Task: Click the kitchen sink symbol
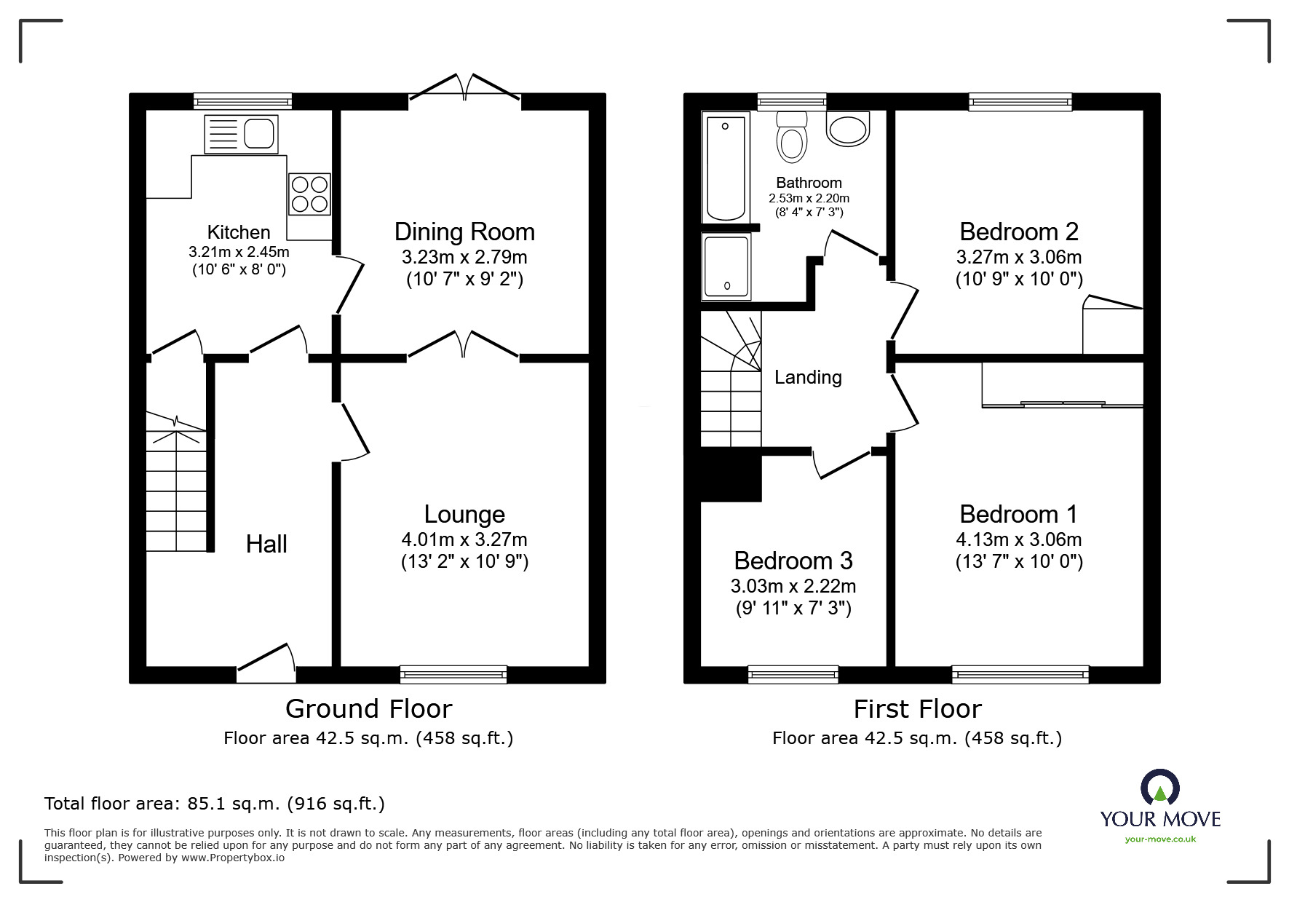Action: point(242,135)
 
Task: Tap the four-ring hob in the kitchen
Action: point(309,194)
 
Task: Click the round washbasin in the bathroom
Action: point(848,129)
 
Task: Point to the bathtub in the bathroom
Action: point(725,167)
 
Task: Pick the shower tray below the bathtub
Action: point(726,266)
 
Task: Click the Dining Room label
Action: point(464,232)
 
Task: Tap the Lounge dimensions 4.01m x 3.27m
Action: point(464,539)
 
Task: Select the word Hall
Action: point(266,544)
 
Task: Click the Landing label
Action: point(808,377)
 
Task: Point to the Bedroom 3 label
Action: point(793,561)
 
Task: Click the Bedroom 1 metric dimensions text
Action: point(1018,539)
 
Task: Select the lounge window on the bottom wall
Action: point(453,675)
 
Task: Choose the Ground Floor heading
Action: point(368,708)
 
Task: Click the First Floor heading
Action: point(917,708)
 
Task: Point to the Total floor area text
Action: point(215,804)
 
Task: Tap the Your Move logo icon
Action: point(1159,788)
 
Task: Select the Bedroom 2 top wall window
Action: point(1020,102)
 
